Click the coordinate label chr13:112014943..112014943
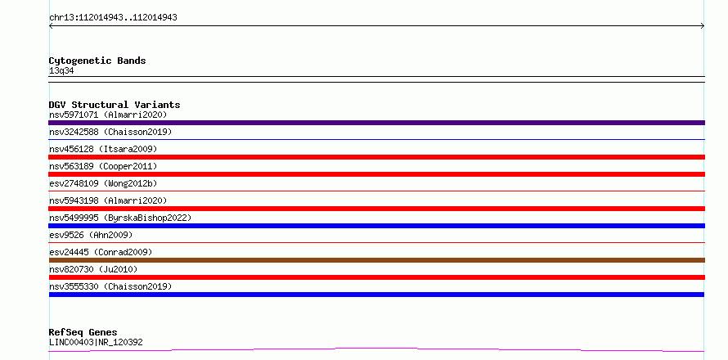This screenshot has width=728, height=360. [113, 18]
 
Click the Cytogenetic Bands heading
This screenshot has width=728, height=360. [97, 61]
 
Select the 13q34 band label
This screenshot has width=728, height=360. [61, 71]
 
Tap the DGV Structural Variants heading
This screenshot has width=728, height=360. [115, 105]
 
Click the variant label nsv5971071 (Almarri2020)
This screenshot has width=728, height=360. [108, 115]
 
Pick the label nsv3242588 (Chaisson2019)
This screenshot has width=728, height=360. [110, 132]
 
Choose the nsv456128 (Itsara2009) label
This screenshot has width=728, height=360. [103, 149]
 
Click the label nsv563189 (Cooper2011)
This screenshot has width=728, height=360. [103, 166]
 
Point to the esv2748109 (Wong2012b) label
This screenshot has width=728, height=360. [103, 183]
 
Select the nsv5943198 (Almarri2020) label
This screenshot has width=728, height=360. [108, 200]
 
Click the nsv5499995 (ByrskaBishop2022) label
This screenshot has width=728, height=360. [120, 218]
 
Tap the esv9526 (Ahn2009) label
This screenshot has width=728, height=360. [91, 235]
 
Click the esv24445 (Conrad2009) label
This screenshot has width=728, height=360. [101, 252]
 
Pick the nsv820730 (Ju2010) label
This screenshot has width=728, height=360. [93, 269]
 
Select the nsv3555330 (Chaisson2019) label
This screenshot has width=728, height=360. [110, 286]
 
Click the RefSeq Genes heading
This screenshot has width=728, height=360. [83, 333]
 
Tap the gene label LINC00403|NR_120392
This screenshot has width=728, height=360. [96, 342]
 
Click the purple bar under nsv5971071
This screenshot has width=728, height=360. [376, 123]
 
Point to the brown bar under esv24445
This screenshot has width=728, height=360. [376, 260]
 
